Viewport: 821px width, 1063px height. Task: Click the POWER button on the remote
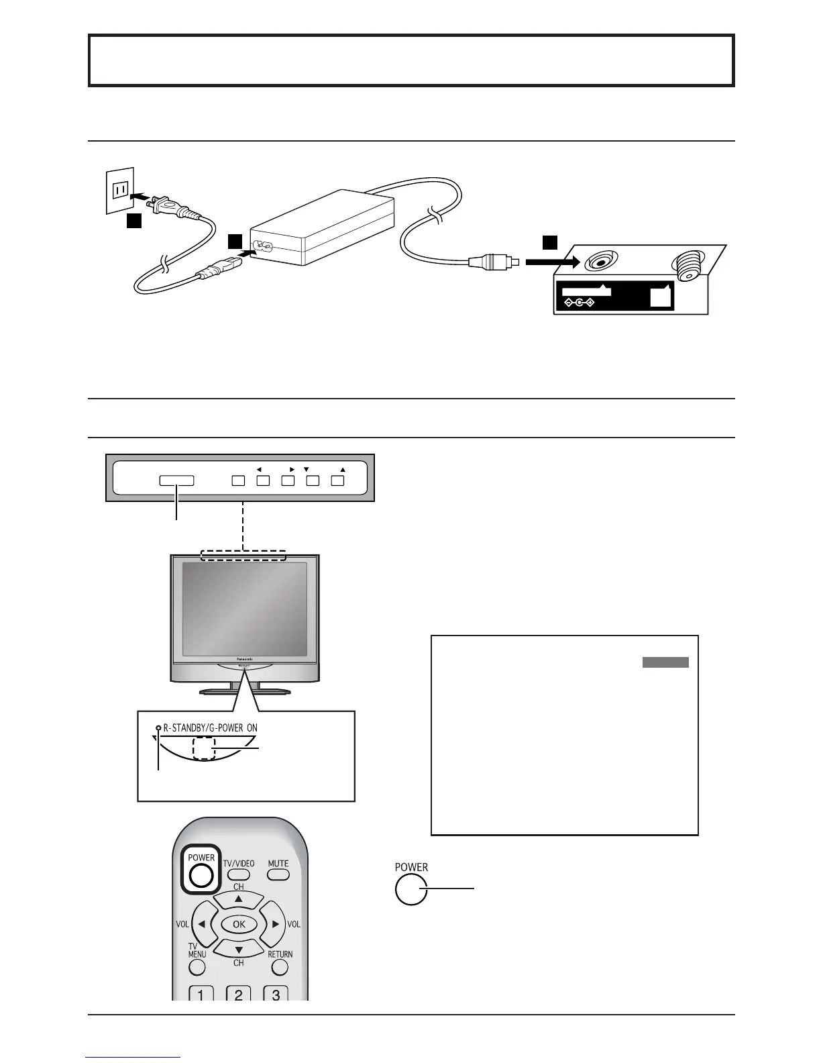201,875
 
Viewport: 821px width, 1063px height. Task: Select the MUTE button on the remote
278,874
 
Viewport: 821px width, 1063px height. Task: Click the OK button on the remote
239,924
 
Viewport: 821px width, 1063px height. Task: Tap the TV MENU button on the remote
197,967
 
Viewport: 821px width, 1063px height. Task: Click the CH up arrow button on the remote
239,899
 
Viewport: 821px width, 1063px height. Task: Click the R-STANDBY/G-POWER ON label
210,728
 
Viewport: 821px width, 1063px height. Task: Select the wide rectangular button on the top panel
176,480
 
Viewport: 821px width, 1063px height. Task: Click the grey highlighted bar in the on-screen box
665,663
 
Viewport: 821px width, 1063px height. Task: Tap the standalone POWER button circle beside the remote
411,890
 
